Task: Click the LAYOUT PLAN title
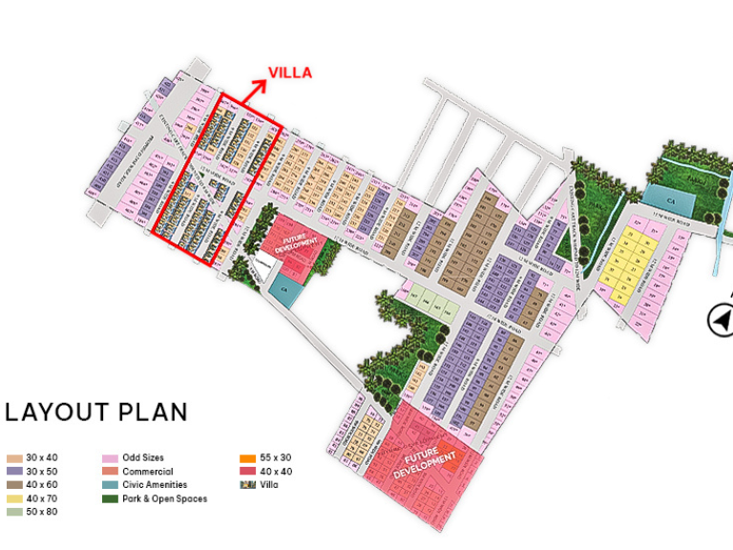coord(96,412)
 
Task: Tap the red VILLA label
coord(289,73)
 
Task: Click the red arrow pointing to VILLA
coord(255,91)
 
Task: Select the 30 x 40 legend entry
coord(34,458)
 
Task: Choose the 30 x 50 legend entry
coord(34,472)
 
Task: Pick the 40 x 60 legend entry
coord(34,485)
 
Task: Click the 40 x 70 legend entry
coord(34,498)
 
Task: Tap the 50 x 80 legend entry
coord(34,513)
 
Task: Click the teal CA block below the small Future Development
coord(283,287)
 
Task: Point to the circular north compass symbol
coord(721,320)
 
